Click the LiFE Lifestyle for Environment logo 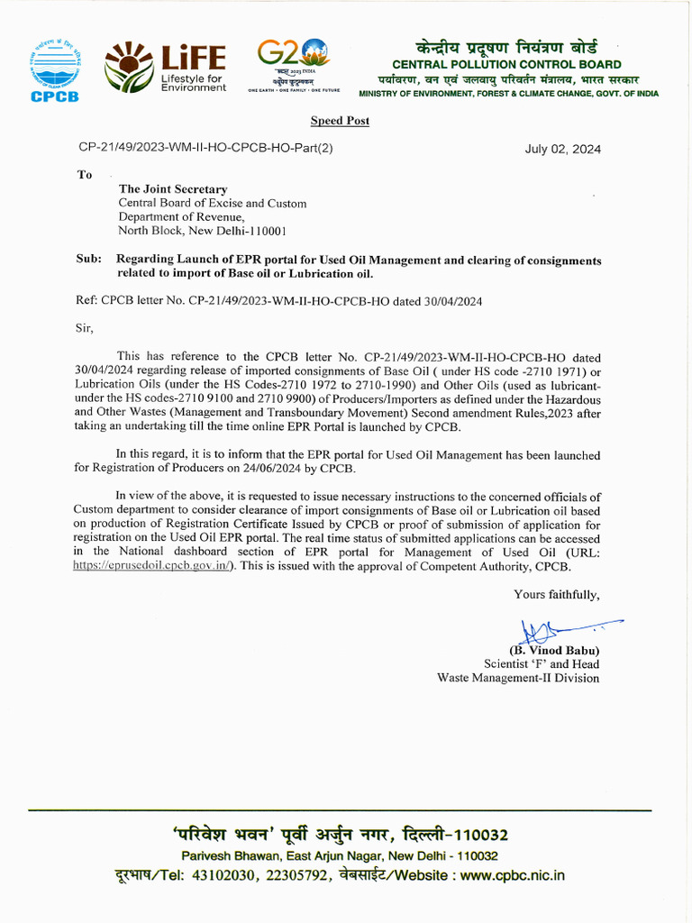(x=166, y=68)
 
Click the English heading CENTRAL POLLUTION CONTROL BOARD (x=506, y=64)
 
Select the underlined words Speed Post (x=340, y=121)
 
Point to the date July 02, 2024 (x=562, y=150)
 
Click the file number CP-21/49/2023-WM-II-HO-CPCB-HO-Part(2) (x=205, y=148)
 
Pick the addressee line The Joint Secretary (x=173, y=189)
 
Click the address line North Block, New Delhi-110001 (x=203, y=231)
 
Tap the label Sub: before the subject (x=88, y=260)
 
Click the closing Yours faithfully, (x=556, y=594)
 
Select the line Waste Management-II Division (x=518, y=678)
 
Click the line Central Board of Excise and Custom (x=213, y=204)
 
